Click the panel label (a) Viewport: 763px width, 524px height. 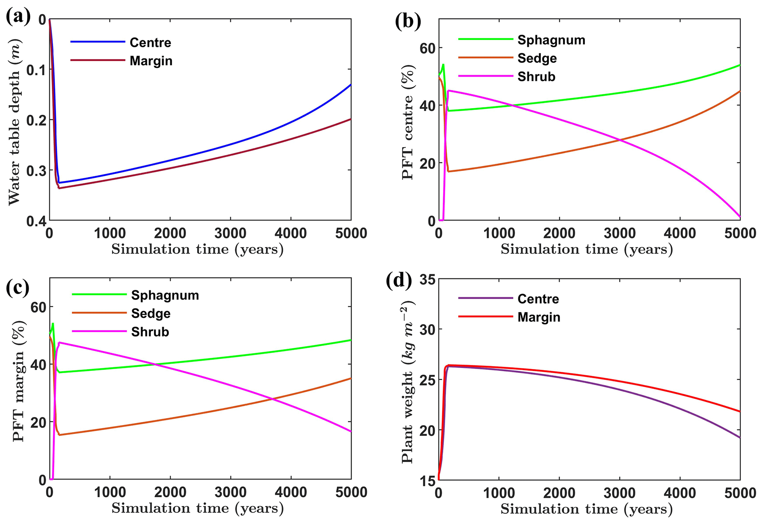[x=18, y=17]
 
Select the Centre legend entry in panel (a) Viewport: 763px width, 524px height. [x=150, y=43]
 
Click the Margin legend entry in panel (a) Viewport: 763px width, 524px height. [x=151, y=61]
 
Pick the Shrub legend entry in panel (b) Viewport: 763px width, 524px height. [x=536, y=77]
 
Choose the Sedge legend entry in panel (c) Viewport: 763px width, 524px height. [x=151, y=314]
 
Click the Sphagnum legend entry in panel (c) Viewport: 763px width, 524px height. [x=165, y=295]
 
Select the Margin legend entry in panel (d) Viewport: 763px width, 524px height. [x=539, y=317]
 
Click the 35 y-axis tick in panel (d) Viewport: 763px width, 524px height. [x=426, y=279]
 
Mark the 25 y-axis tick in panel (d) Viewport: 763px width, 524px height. [x=426, y=380]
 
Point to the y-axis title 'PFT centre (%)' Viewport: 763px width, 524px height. [x=408, y=122]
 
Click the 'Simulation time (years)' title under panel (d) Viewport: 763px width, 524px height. [x=587, y=509]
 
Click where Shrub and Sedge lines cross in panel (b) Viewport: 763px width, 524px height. [x=620, y=140]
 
